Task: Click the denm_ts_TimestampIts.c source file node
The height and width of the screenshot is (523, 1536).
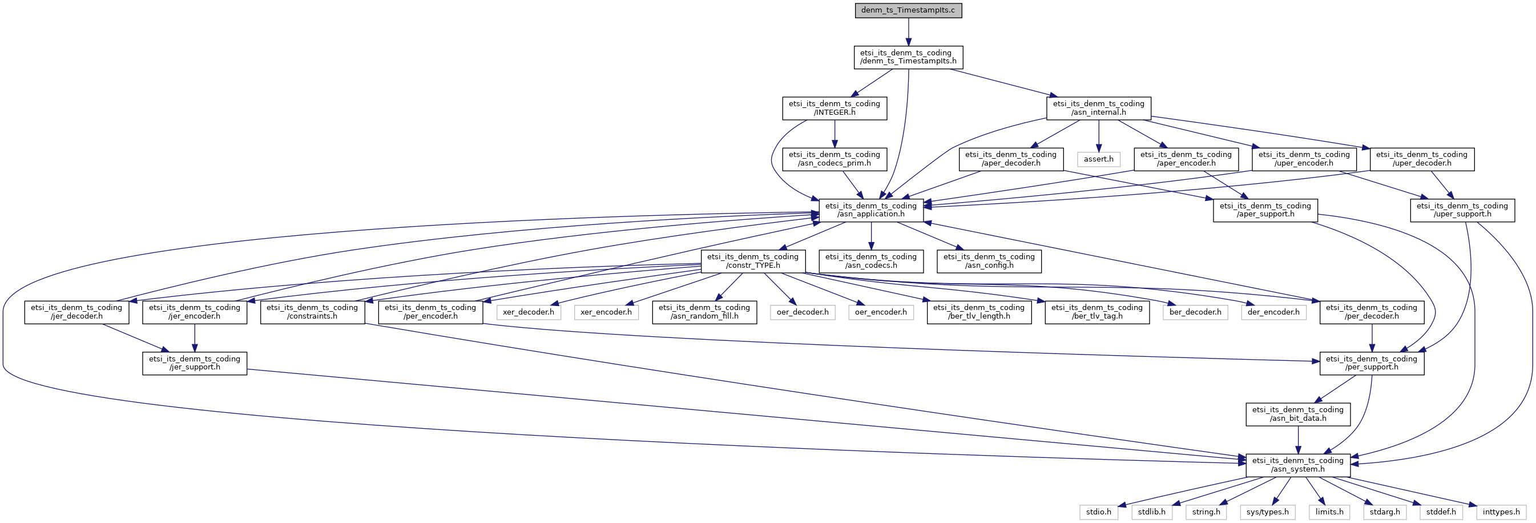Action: point(908,11)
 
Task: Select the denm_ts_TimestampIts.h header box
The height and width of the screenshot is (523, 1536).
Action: point(908,57)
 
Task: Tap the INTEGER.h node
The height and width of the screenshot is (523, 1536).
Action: point(834,108)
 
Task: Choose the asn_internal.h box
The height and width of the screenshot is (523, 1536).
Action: point(1098,108)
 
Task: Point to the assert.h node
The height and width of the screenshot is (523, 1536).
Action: point(1098,159)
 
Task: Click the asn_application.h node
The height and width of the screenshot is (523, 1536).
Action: point(871,210)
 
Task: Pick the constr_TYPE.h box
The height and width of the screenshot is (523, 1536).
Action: point(752,261)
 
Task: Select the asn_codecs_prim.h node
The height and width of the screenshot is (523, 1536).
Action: point(834,159)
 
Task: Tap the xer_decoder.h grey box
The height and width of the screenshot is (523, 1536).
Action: point(529,312)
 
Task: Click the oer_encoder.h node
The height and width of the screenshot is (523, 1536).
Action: point(881,312)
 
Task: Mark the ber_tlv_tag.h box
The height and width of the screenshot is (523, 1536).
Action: point(1097,312)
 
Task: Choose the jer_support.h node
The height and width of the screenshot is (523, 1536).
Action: point(195,363)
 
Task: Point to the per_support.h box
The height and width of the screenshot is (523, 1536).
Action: point(1372,363)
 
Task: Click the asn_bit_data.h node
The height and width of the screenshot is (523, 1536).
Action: point(1297,414)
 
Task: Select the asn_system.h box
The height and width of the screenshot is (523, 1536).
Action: point(1297,465)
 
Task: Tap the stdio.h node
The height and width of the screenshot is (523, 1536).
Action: point(1098,512)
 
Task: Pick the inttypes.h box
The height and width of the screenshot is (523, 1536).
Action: point(1501,512)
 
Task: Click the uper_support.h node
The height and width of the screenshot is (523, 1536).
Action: point(1462,210)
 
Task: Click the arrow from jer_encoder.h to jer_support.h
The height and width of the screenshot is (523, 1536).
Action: point(195,337)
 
